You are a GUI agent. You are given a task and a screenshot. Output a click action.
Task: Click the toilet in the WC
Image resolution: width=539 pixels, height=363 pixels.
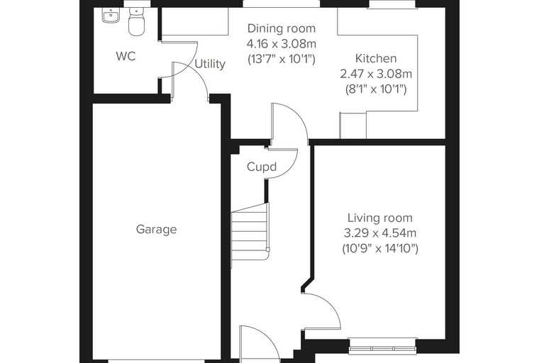click(x=136, y=22)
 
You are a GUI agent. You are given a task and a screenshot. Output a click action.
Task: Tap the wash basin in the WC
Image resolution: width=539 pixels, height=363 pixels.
click(x=111, y=16)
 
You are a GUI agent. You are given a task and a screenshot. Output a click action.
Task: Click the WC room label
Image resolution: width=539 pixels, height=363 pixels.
click(x=126, y=56)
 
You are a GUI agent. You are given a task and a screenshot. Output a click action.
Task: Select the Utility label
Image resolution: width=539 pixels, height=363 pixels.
click(x=210, y=64)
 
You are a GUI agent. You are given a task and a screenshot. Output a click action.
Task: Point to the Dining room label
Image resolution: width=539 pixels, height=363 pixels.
click(x=281, y=28)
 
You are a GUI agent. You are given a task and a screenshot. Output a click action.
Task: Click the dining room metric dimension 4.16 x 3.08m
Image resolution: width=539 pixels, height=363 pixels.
click(x=281, y=44)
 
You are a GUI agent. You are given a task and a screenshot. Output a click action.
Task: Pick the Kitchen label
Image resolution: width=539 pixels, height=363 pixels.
click(x=376, y=58)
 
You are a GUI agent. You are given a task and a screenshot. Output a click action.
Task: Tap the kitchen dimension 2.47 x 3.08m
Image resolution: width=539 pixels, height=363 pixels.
click(x=376, y=74)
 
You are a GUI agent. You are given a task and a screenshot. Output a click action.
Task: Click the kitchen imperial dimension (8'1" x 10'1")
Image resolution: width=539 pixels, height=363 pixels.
click(x=376, y=89)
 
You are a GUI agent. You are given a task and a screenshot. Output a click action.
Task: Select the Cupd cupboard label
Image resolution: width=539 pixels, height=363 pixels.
click(x=262, y=167)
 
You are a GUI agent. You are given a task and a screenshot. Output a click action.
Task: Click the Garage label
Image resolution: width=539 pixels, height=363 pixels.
click(x=157, y=229)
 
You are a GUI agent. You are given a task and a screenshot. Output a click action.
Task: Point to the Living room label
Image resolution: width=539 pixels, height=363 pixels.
click(x=380, y=218)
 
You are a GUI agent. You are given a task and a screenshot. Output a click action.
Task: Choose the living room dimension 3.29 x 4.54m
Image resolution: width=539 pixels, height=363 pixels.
click(x=380, y=233)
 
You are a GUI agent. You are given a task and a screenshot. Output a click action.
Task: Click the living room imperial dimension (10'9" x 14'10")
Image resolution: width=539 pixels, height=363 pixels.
click(x=380, y=248)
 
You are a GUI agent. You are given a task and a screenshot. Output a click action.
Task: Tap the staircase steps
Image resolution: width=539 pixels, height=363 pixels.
click(x=250, y=234)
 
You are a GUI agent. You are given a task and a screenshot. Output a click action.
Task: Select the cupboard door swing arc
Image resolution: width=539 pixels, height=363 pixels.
click(x=292, y=169)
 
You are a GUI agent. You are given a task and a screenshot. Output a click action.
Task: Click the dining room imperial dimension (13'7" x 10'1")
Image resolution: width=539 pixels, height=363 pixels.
click(x=281, y=59)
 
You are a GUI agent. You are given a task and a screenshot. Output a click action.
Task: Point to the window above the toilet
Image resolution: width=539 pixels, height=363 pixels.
click(x=136, y=4)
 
